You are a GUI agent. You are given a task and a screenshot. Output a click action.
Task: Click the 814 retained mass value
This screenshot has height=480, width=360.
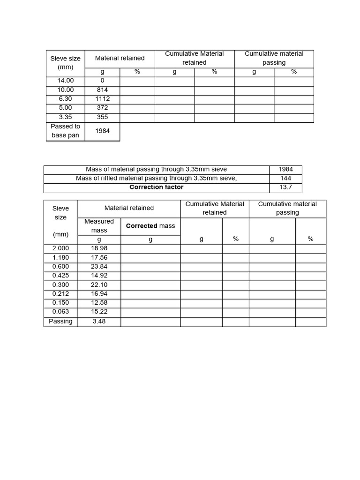pyautogui.click(x=102, y=90)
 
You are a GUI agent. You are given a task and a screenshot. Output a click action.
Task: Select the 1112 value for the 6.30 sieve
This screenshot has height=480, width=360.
pyautogui.click(x=102, y=98)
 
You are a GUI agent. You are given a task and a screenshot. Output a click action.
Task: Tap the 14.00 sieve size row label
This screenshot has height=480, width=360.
pyautogui.click(x=66, y=81)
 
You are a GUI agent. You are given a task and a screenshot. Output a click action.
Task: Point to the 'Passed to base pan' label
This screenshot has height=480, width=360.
pyautogui.click(x=66, y=131)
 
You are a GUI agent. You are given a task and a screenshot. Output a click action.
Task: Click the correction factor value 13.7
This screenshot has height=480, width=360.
pyautogui.click(x=285, y=187)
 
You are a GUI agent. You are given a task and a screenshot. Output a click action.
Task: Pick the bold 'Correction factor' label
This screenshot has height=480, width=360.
pyautogui.click(x=156, y=187)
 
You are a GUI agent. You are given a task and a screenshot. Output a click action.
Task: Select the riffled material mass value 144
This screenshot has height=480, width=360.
pyautogui.click(x=285, y=178)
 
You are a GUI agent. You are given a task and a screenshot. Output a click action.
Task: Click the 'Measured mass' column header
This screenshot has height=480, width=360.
pyautogui.click(x=99, y=225)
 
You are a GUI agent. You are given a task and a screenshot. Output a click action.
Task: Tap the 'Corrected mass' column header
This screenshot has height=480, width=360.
pyautogui.click(x=150, y=225)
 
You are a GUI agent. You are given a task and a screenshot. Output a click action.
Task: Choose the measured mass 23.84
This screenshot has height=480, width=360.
pyautogui.click(x=99, y=266)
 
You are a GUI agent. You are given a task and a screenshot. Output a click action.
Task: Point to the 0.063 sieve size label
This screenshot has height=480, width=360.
pyautogui.click(x=60, y=312)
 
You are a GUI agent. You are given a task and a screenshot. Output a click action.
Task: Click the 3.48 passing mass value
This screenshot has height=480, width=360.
pyautogui.click(x=99, y=321)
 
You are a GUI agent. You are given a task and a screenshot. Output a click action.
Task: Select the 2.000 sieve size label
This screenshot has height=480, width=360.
pyautogui.click(x=60, y=248)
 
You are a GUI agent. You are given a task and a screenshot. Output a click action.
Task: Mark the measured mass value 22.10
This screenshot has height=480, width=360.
pyautogui.click(x=99, y=285)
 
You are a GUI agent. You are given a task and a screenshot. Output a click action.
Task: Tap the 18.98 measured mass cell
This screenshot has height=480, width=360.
pyautogui.click(x=99, y=248)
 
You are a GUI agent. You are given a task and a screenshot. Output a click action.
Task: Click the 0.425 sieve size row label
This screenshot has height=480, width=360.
pyautogui.click(x=60, y=275)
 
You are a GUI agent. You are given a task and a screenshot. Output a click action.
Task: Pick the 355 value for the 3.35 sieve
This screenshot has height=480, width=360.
pyautogui.click(x=102, y=117)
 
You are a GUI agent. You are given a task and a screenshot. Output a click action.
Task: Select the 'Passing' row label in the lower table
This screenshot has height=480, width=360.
pyautogui.click(x=60, y=321)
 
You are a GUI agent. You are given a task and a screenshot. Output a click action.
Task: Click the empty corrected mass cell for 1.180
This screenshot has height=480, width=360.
pyautogui.click(x=150, y=257)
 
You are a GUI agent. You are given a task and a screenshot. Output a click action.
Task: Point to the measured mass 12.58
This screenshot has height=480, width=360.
pyautogui.click(x=99, y=303)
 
